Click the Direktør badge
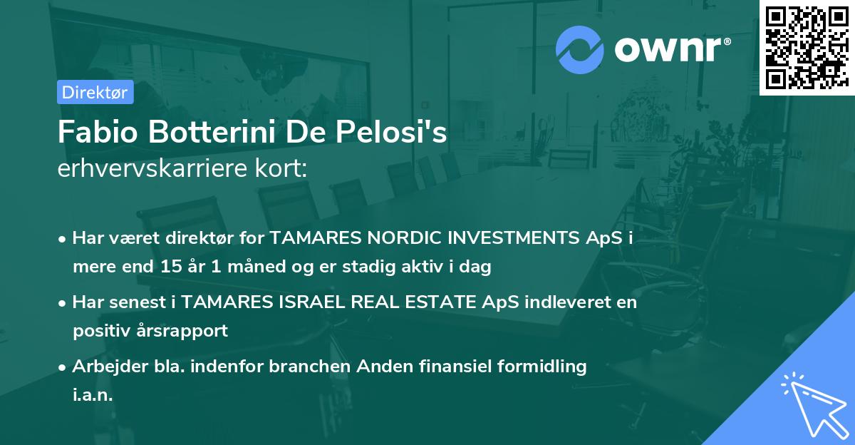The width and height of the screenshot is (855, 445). (x=95, y=92)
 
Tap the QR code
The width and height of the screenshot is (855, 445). (x=807, y=47)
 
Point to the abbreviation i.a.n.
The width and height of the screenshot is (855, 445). (x=93, y=395)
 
